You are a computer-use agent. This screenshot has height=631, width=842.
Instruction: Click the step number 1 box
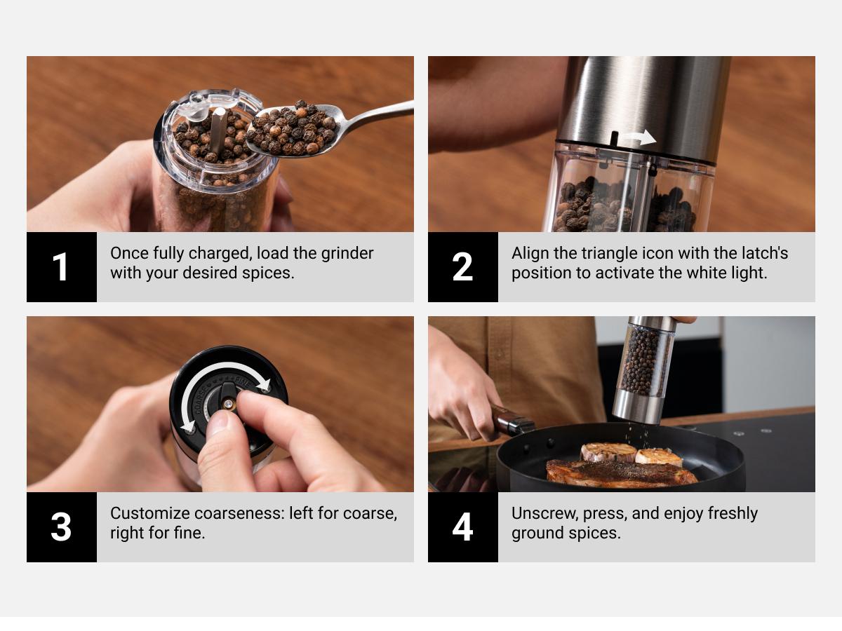pos(62,267)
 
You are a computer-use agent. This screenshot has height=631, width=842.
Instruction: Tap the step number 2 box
pos(463,267)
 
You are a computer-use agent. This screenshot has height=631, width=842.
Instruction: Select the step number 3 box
pos(62,527)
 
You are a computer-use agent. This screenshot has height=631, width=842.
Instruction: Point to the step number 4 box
pos(463,527)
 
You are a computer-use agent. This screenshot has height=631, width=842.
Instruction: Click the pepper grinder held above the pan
pos(642,368)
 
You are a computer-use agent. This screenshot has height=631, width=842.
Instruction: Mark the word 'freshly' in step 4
pos(732,513)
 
